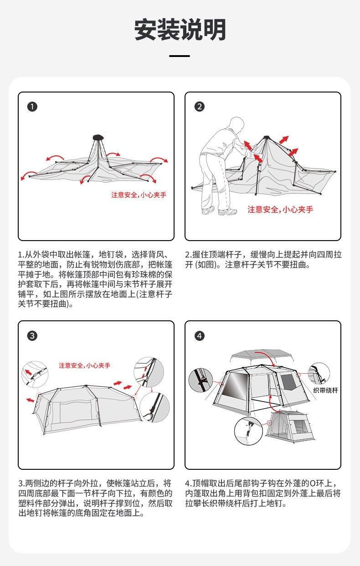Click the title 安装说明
[x=180, y=31]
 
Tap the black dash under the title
[x=180, y=56]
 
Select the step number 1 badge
[x=32, y=107]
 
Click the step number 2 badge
[x=199, y=107]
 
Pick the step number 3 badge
[x=32, y=336]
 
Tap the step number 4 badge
[x=199, y=336]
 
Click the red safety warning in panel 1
[x=139, y=195]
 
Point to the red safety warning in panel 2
[x=280, y=210]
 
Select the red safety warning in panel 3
[x=84, y=365]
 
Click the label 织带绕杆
[x=325, y=391]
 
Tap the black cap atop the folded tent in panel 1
[x=98, y=137]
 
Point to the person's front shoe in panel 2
[x=227, y=212]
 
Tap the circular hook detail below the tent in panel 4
[x=248, y=431]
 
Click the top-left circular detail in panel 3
[x=35, y=374]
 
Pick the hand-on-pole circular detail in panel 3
[x=154, y=407]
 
